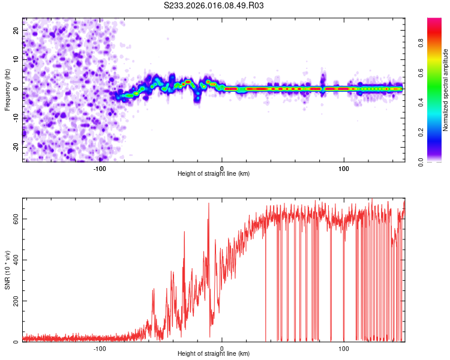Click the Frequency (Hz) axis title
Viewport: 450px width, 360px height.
(x=8, y=89)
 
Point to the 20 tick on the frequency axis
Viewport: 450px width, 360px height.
(x=16, y=30)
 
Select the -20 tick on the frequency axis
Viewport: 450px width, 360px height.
(x=15, y=148)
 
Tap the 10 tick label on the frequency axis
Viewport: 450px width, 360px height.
(x=16, y=59)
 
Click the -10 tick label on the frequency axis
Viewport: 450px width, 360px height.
(x=15, y=118)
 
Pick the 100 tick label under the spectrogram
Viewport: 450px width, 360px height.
(x=344, y=169)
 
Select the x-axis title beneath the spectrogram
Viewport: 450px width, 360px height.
(x=214, y=174)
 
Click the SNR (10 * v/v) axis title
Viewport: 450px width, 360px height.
(x=8, y=269)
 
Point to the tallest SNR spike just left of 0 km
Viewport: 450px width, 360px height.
(x=209, y=203)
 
